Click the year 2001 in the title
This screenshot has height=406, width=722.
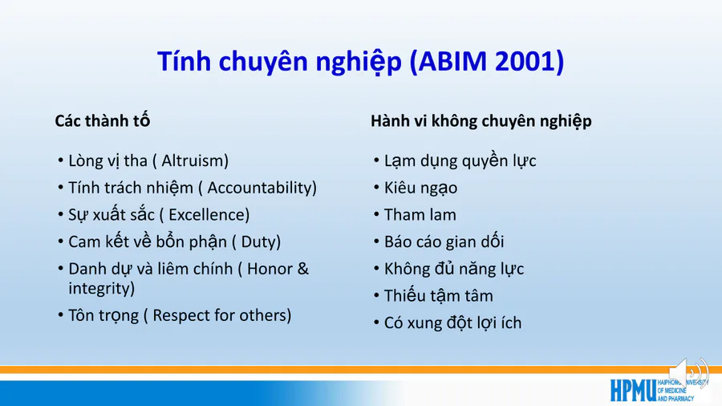525,61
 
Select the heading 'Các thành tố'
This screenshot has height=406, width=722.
102,120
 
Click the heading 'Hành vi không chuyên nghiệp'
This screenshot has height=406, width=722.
481,121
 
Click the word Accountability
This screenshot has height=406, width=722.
259,188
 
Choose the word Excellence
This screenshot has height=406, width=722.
207,215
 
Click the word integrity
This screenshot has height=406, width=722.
99,289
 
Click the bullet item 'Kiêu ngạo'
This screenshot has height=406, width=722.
421,189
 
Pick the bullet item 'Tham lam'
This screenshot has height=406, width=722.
420,215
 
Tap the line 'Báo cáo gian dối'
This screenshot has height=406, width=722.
444,242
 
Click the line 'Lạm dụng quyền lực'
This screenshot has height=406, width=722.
460,161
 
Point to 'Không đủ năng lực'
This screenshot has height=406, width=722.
454,270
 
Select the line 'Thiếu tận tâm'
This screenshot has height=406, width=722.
438,295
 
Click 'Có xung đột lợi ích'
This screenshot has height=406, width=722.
452,323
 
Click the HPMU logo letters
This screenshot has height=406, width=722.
633,390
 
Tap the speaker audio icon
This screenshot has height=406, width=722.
688,373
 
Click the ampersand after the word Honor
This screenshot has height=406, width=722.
302,269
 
